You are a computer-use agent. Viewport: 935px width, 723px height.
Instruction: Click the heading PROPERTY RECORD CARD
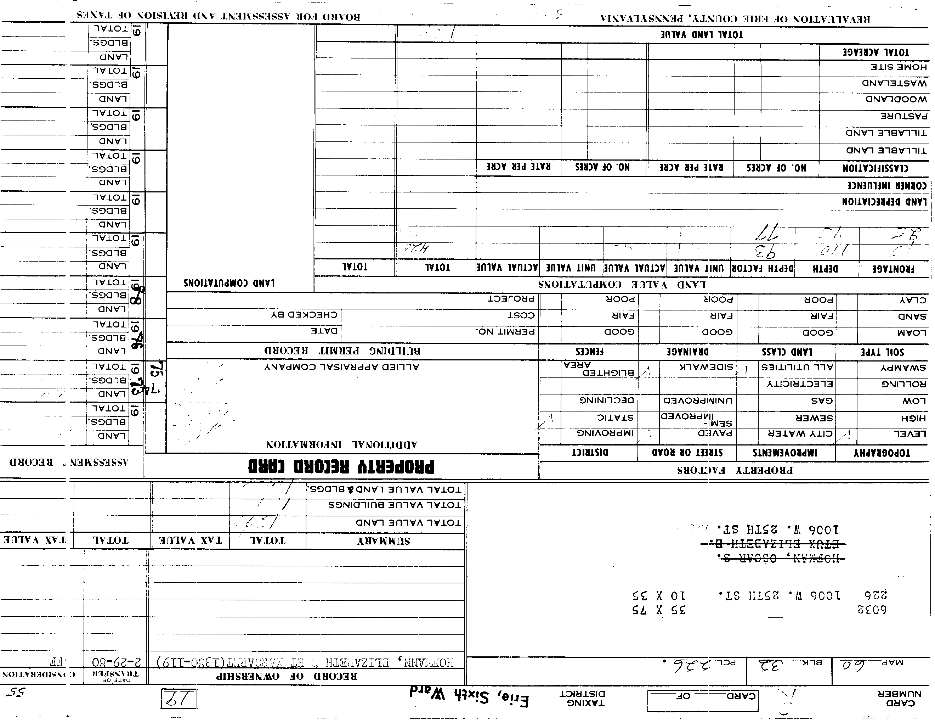tap(341, 466)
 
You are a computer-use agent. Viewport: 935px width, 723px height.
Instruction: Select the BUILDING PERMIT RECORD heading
tap(342, 351)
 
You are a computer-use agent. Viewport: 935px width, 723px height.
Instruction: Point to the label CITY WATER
tap(798, 433)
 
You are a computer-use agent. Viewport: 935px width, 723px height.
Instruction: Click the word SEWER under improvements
tap(814, 417)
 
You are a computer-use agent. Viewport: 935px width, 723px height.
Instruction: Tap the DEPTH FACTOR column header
tap(763, 269)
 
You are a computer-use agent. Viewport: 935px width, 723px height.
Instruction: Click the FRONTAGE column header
tap(893, 269)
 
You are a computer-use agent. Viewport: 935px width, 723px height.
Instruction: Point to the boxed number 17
tap(179, 699)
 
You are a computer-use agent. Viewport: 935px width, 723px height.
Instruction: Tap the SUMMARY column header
tap(384, 541)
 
